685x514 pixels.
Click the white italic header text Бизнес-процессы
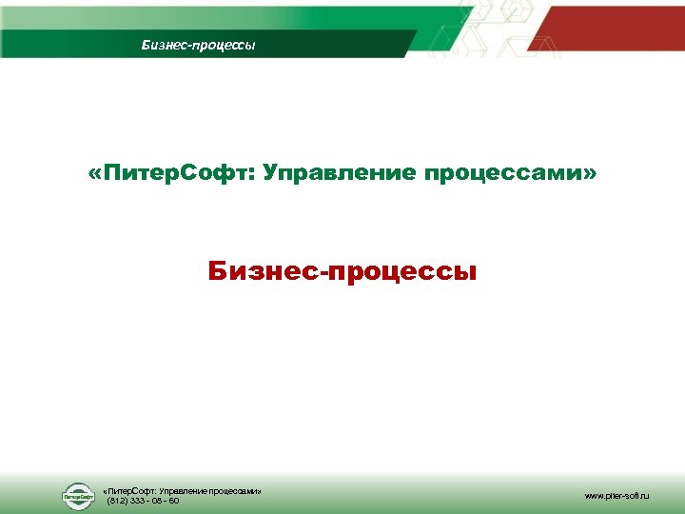tap(199, 45)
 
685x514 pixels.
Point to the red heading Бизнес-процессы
tap(342, 273)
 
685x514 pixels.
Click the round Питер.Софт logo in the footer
tap(79, 496)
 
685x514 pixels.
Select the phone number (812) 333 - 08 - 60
tap(143, 500)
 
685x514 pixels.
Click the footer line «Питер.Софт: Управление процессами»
tap(181, 490)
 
